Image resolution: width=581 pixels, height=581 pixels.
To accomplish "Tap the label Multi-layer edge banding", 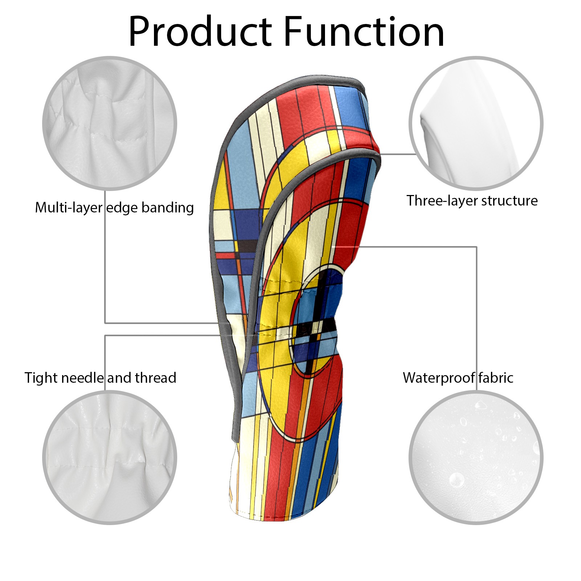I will pyautogui.click(x=114, y=208).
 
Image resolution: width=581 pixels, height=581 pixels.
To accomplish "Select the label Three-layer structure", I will pyautogui.click(x=472, y=200).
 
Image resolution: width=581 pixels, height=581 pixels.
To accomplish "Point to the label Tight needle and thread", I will pyautogui.click(x=100, y=378).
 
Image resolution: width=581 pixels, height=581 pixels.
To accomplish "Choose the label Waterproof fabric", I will pyautogui.click(x=458, y=378).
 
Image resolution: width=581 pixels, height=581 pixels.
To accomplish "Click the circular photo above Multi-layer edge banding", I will pyautogui.click(x=110, y=123).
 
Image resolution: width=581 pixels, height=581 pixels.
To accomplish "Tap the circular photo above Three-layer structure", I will pyautogui.click(x=476, y=123).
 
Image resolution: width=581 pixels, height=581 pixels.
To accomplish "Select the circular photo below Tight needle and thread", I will pyautogui.click(x=110, y=458).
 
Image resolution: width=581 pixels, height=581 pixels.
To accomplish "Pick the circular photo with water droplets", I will pyautogui.click(x=476, y=458).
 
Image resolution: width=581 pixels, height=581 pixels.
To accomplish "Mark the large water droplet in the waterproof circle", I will pyautogui.click(x=456, y=480).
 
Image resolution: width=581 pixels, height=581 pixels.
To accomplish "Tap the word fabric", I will pyautogui.click(x=496, y=378).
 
